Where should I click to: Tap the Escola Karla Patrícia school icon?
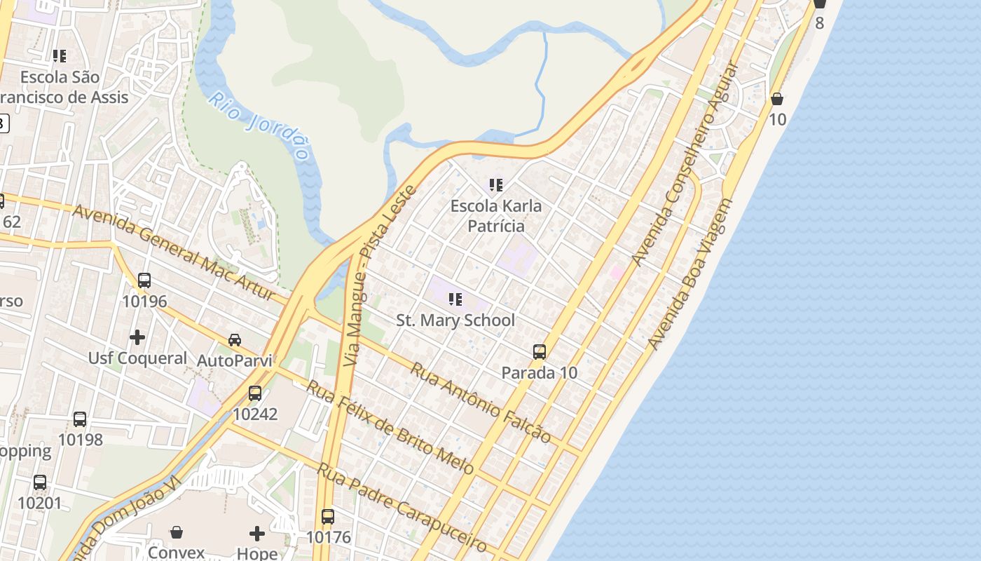[496, 185]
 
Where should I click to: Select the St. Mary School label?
[455, 320]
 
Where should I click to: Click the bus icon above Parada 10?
[540, 352]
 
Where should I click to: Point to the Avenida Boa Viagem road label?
[690, 274]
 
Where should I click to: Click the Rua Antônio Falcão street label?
[481, 402]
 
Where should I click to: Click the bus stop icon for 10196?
[144, 280]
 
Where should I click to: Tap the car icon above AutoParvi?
[235, 340]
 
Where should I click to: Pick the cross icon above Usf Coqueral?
[137, 337]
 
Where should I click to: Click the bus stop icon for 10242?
[255, 393]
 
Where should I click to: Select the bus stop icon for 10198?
[80, 419]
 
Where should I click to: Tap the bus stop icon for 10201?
[40, 482]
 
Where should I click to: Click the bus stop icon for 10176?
[328, 517]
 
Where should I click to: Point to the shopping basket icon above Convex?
[177, 532]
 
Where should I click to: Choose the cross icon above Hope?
[257, 534]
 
